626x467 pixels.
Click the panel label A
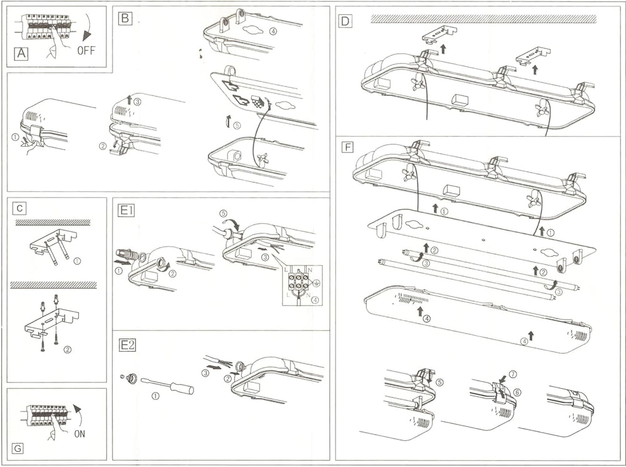click(x=21, y=54)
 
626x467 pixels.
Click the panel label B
click(x=125, y=18)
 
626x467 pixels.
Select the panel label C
click(x=21, y=207)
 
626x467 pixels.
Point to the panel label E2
click(x=127, y=344)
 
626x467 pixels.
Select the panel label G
click(x=18, y=448)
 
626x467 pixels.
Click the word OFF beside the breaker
click(x=86, y=51)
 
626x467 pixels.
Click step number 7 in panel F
click(x=513, y=374)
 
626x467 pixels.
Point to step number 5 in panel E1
click(x=223, y=213)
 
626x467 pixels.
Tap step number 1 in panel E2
click(x=156, y=396)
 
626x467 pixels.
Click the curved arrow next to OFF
click(x=92, y=29)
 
